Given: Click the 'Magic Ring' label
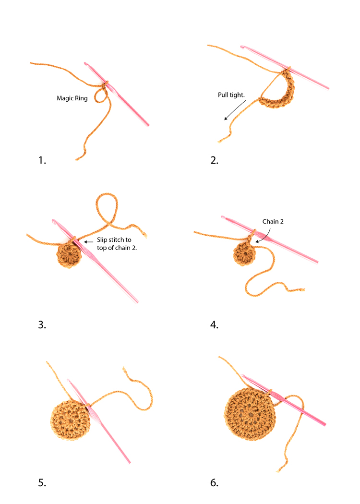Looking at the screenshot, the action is click(72, 98).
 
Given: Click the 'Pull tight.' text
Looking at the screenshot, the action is click(231, 95).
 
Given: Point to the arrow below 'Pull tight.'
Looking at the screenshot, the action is click(235, 110).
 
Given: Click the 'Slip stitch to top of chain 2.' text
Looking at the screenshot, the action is click(117, 244).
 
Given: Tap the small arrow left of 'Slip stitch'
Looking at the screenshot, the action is click(88, 242).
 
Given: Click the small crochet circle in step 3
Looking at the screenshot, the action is click(69, 254).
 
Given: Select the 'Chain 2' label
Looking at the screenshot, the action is click(273, 221).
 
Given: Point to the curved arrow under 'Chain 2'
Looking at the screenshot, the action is click(265, 236).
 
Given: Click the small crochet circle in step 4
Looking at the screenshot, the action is click(244, 254).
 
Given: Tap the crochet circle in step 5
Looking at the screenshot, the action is click(71, 420).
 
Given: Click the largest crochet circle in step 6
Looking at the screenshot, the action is click(250, 414).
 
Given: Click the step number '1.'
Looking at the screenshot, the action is click(42, 160).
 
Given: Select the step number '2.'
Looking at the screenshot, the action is click(215, 160).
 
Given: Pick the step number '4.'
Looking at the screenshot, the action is click(215, 324).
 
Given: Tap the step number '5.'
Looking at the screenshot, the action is click(42, 482).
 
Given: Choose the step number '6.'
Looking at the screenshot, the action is click(215, 482).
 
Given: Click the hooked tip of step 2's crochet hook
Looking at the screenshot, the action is click(242, 47).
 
